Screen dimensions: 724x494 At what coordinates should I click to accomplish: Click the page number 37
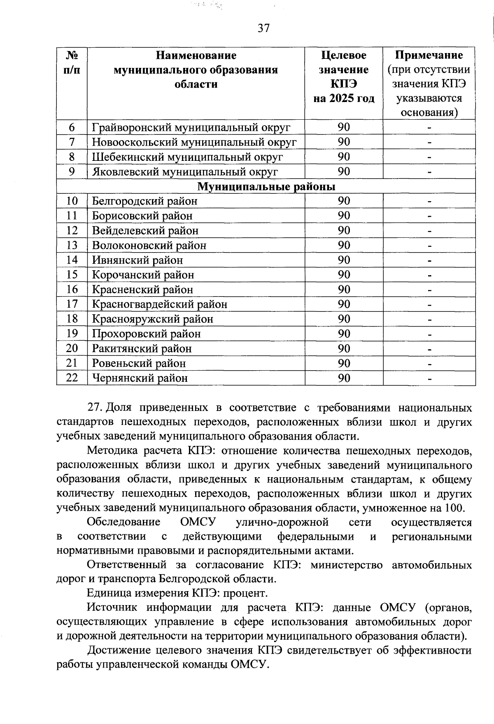(x=263, y=28)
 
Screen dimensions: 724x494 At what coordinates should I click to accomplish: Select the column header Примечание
(x=429, y=55)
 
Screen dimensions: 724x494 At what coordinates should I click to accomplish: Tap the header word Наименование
(x=196, y=55)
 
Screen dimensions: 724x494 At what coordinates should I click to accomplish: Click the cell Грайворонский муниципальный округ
(x=191, y=128)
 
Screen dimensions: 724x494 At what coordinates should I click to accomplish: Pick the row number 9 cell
(x=72, y=172)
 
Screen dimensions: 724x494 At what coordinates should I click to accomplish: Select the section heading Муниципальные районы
(x=266, y=187)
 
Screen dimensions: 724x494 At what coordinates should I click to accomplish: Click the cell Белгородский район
(x=144, y=201)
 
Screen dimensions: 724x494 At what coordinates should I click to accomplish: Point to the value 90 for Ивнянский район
(x=344, y=260)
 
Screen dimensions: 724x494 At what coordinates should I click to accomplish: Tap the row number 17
(x=72, y=304)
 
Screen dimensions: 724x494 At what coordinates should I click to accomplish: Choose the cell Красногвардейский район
(x=159, y=304)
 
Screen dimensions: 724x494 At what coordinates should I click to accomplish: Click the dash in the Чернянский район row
(x=429, y=378)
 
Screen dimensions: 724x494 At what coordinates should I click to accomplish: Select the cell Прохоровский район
(x=146, y=334)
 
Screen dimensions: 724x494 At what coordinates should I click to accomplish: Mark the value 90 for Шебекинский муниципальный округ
(x=344, y=157)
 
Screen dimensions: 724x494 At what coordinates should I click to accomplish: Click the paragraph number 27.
(x=95, y=408)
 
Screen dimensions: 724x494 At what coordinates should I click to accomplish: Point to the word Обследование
(x=124, y=522)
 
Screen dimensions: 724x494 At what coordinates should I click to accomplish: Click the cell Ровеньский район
(x=139, y=363)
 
